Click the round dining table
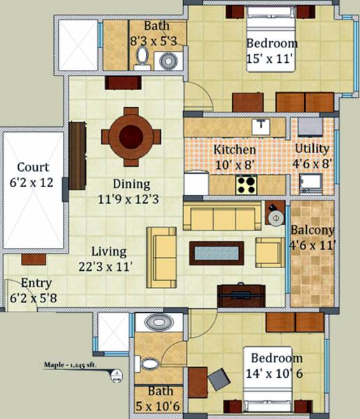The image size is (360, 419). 131,135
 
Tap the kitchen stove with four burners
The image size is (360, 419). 245,185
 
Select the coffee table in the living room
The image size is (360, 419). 217,252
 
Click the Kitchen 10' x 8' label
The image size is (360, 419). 235,158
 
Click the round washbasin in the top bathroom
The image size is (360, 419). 168,61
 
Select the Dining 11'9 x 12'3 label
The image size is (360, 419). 132,191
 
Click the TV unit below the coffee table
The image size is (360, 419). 241,295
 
